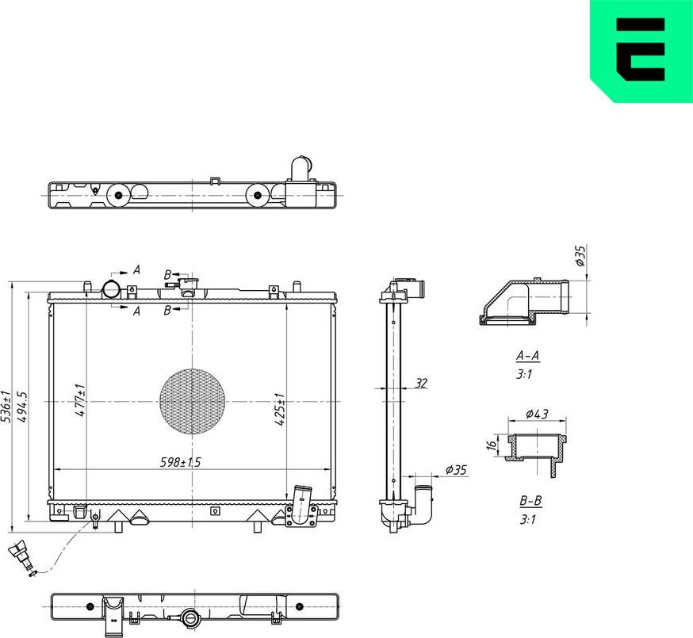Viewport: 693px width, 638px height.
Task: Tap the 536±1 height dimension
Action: click(x=6, y=406)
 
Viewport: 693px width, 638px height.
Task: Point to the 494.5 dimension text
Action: click(x=23, y=406)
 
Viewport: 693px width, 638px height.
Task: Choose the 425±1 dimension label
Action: click(x=279, y=409)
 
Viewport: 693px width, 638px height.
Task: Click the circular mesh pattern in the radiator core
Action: click(x=192, y=401)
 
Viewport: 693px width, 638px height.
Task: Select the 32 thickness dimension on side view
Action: click(x=421, y=383)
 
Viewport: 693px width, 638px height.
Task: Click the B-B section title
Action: click(x=530, y=502)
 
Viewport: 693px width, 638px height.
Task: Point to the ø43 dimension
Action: click(x=537, y=415)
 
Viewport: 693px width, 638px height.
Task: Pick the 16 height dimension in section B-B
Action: click(x=492, y=446)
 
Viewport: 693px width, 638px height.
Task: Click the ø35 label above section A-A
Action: click(x=580, y=255)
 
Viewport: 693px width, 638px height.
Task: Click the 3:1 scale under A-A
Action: click(x=524, y=375)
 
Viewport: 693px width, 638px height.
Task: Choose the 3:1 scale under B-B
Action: click(x=529, y=521)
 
